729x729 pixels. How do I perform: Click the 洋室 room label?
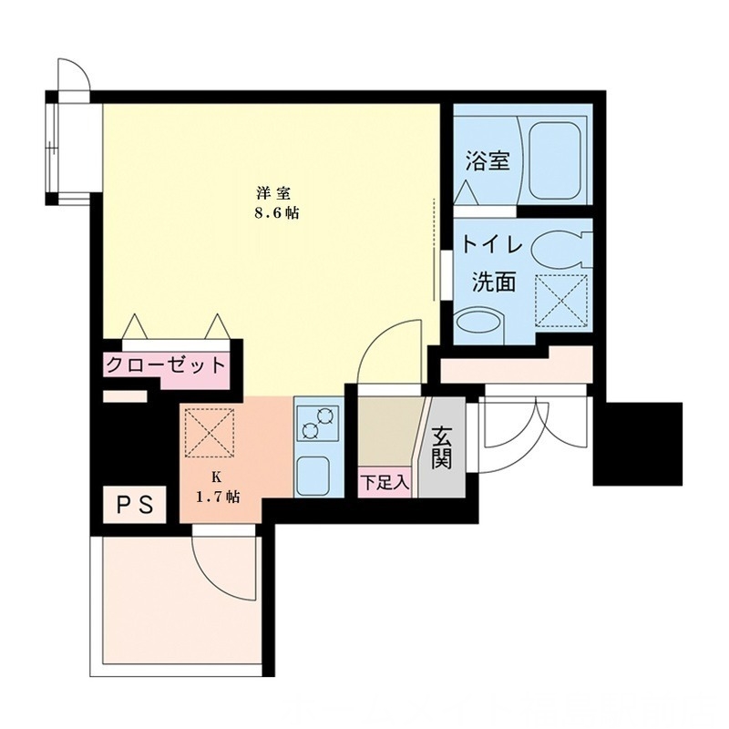tap(273, 193)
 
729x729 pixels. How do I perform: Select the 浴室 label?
tap(487, 161)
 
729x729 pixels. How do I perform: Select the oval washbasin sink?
tap(477, 324)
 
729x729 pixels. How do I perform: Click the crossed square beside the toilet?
tap(560, 300)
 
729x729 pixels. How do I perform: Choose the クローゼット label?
tap(165, 366)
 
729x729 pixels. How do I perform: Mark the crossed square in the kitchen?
tap(210, 432)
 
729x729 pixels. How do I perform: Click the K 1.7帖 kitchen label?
tap(218, 488)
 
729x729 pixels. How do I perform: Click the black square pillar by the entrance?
tap(637, 444)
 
